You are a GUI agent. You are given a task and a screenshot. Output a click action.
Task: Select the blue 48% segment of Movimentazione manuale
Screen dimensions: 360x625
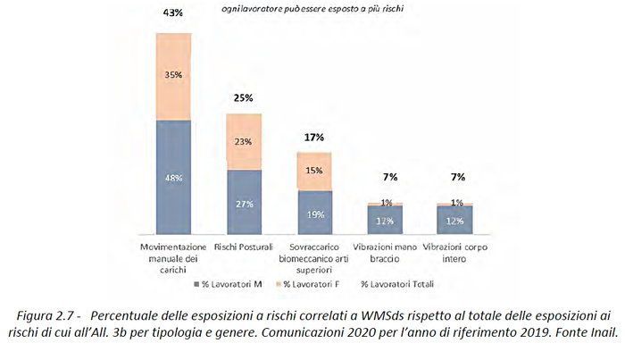tap(173, 177)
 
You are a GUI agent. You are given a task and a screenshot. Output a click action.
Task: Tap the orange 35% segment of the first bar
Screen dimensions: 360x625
tap(173, 77)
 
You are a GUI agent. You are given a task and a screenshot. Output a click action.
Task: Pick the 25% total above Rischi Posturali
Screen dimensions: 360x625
tap(244, 96)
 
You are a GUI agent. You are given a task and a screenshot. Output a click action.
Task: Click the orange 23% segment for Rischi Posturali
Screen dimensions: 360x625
tap(244, 141)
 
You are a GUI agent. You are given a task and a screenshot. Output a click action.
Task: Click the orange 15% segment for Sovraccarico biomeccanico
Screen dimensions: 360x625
tap(314, 171)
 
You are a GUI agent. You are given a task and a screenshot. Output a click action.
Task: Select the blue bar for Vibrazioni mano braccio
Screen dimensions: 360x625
tap(385, 220)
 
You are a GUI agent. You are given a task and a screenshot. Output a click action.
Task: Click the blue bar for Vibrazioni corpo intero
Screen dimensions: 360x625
tap(454, 220)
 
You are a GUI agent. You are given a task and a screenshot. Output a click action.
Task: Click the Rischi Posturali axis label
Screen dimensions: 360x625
tap(244, 246)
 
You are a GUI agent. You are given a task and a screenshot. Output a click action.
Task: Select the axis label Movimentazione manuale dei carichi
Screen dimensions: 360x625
tap(173, 255)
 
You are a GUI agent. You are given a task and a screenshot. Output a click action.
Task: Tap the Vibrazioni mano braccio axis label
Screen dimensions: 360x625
tap(385, 251)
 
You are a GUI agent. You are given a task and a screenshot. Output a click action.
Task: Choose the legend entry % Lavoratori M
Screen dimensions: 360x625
tap(227, 284)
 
